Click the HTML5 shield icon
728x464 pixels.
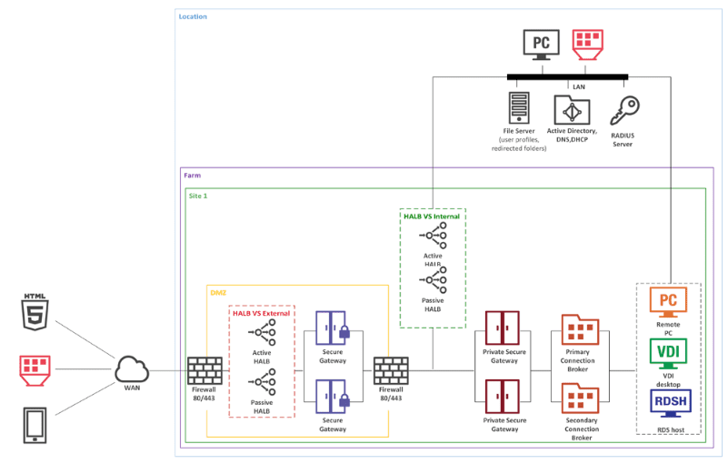[35, 312]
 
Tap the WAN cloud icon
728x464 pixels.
[132, 369]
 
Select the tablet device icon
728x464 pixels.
[35, 426]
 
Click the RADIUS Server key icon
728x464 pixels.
[624, 111]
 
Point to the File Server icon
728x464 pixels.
[519, 107]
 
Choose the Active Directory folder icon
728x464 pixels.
[572, 110]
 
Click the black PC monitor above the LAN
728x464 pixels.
[542, 45]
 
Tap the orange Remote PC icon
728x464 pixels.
[668, 301]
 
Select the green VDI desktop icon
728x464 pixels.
[668, 353]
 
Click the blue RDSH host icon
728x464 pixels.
[671, 403]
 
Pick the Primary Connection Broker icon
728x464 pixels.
[580, 329]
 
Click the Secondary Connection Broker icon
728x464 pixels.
[580, 398]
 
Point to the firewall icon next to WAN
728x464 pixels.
[204, 370]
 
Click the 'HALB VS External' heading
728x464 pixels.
[262, 313]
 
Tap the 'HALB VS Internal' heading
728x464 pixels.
[432, 217]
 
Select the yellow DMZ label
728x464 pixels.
[218, 292]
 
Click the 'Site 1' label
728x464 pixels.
[198, 196]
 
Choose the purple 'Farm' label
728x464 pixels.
[192, 176]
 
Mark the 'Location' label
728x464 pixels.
[193, 16]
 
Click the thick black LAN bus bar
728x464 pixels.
[567, 77]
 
